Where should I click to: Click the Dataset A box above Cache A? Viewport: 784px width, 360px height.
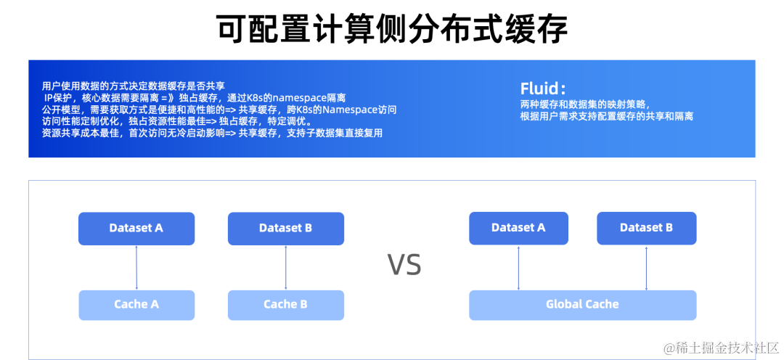pos(136,228)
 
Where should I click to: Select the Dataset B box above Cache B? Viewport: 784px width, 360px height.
pos(285,228)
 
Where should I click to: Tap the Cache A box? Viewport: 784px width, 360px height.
pos(136,305)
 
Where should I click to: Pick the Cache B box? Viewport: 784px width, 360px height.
pos(285,305)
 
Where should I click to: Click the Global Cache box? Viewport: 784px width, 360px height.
pos(582,305)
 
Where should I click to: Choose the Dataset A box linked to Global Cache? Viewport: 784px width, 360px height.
pos(518,228)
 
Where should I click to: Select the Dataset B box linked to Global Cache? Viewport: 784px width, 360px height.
pos(646,228)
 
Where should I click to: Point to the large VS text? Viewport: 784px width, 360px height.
pos(404,266)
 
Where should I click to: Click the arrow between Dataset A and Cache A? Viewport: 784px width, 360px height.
pos(136,268)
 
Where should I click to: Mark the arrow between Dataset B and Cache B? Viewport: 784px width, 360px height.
pos(285,268)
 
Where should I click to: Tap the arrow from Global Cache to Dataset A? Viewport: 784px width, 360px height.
pos(518,268)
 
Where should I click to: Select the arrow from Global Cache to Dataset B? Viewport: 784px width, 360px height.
pos(646,268)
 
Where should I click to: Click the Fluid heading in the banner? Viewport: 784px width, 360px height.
pos(542,89)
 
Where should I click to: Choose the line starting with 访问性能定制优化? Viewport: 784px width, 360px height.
pos(177,121)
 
